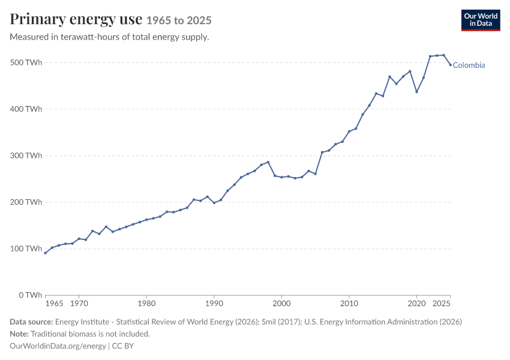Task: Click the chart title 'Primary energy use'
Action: point(76,19)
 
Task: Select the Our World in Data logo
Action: point(481,20)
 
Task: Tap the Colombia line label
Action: point(469,65)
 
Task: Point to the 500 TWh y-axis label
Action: point(26,62)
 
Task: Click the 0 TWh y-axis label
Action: point(30,295)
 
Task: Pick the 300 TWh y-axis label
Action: point(26,155)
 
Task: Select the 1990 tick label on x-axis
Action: point(214,304)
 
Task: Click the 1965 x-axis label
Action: point(55,304)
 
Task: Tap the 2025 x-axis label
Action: point(442,304)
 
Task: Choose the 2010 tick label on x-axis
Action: point(349,304)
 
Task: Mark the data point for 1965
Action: point(45,253)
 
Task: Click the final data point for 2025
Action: point(451,65)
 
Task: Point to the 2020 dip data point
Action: point(416,92)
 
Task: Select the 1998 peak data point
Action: point(268,162)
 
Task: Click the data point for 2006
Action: point(322,152)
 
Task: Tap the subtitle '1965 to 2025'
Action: point(179,20)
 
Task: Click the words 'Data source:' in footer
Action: point(31,322)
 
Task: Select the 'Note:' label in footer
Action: point(19,334)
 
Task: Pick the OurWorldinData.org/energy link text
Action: point(58,346)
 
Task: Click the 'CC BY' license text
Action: point(123,346)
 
